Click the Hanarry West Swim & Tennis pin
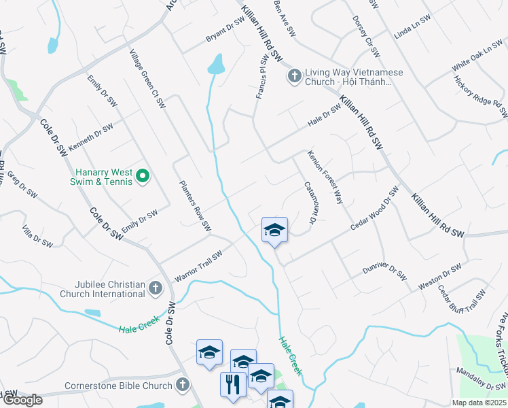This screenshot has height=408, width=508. (x=143, y=177)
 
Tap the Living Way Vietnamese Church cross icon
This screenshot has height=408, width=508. (x=295, y=75)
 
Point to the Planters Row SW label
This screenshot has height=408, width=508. (x=196, y=205)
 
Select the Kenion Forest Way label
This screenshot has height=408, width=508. (x=325, y=177)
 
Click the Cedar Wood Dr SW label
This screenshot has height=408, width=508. (x=374, y=209)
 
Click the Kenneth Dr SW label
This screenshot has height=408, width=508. (x=90, y=138)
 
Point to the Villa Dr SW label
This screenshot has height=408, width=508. (x=37, y=235)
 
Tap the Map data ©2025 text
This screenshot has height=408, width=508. (x=478, y=403)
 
